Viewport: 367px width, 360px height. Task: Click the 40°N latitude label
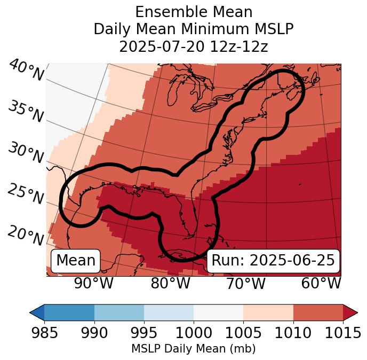[26, 71]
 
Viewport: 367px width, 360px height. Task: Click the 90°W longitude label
[94, 283]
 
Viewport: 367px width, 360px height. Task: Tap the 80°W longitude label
[170, 283]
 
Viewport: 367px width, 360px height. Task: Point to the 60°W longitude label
[321, 283]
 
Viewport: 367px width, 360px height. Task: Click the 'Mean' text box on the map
[76, 261]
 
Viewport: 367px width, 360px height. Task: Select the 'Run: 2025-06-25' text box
[273, 261]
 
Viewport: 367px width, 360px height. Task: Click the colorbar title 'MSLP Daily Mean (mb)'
[193, 349]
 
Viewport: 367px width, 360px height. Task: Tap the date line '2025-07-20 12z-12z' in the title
[193, 46]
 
